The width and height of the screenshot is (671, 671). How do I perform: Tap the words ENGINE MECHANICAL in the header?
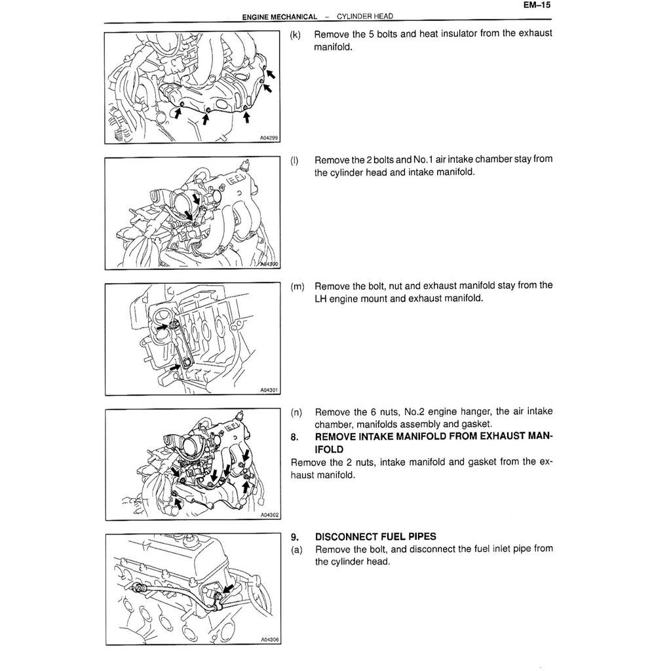pos(280,16)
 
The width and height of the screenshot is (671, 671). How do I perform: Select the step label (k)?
pos(295,34)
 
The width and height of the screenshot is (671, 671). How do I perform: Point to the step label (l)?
pos(294,160)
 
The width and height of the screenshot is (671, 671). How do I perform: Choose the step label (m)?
pos(296,286)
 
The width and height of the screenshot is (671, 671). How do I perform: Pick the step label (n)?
pos(296,412)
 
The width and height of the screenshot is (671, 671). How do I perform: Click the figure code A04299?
pos(269,138)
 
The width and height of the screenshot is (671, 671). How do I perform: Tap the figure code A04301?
pos(269,390)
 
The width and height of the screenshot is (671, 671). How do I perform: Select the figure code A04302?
pos(269,515)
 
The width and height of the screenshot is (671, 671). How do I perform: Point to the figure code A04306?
pos(269,640)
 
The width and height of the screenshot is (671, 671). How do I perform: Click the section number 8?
pos(294,436)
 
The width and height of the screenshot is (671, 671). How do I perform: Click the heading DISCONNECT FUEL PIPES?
pos(375,537)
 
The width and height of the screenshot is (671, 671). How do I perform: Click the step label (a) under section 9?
pos(296,549)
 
